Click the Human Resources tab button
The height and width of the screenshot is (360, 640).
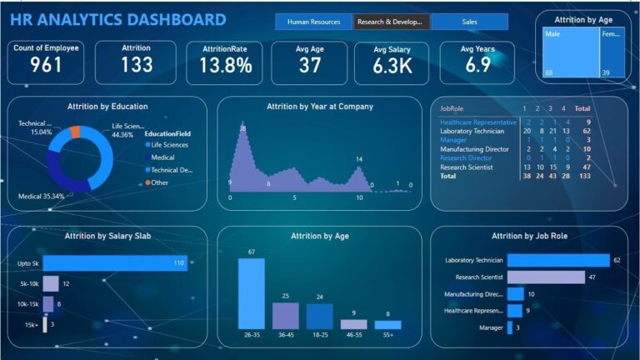313,22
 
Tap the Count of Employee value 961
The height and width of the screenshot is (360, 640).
46,65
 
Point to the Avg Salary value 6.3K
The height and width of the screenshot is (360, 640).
393,66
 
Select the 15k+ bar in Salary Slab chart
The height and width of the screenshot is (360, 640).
45,324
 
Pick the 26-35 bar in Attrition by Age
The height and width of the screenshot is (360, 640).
251,293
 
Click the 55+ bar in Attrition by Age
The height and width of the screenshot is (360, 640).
387,325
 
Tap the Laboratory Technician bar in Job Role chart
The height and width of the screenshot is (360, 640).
558,261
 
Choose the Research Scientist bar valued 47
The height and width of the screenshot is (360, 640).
546,277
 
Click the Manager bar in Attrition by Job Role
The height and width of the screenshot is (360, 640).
510,327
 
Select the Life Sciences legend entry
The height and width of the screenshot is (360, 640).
168,145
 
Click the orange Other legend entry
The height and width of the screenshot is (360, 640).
158,182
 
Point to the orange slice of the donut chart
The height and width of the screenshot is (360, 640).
75,132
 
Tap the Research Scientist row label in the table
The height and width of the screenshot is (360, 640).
467,167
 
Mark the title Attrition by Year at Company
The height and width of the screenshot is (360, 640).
320,107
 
